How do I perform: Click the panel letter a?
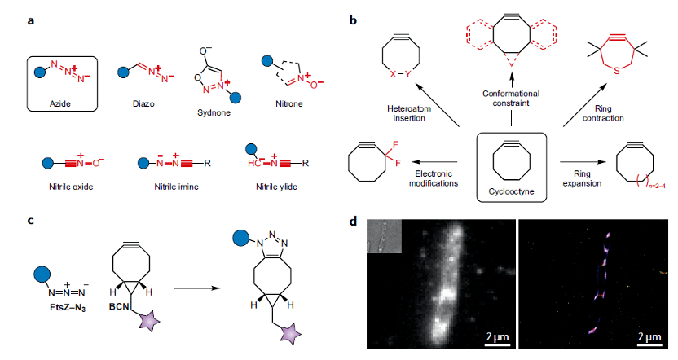coord(31,20)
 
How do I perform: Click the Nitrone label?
coord(288,105)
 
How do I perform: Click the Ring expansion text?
coord(582,180)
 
